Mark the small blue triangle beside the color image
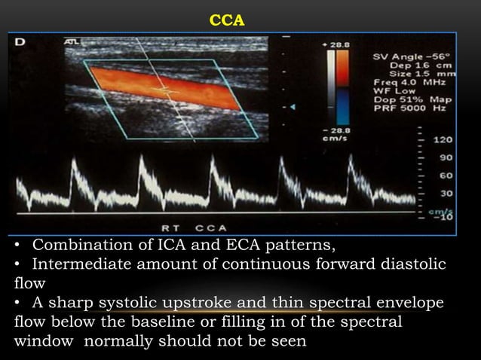pyautogui.click(x=293, y=109)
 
